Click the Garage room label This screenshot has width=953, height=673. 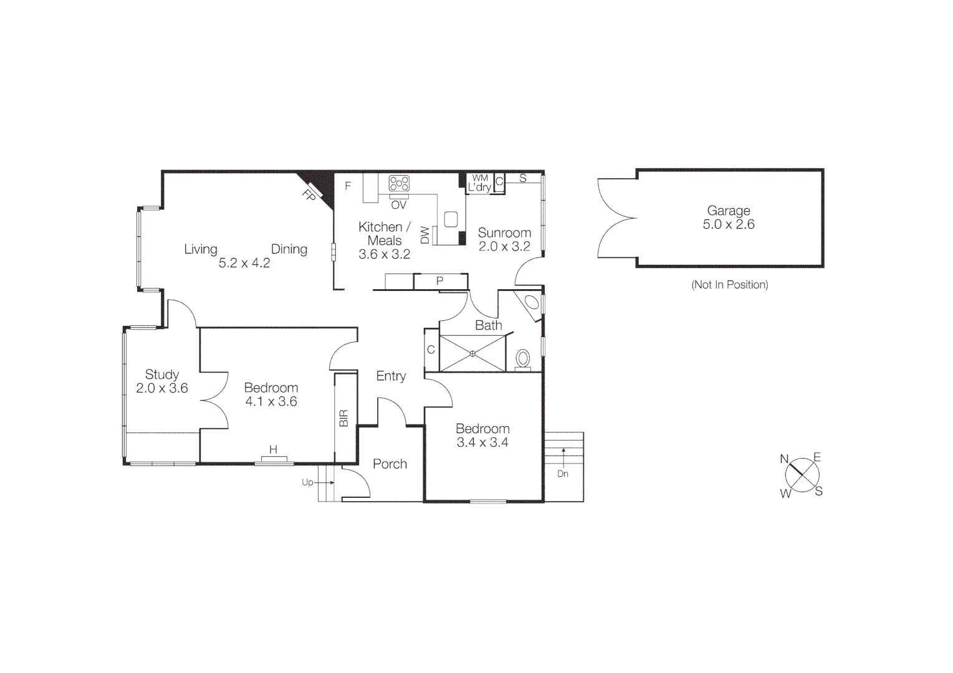click(728, 211)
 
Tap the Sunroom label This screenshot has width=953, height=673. click(504, 233)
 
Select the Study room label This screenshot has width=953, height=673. click(162, 375)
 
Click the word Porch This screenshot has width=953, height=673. click(390, 464)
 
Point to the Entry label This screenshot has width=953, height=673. click(391, 376)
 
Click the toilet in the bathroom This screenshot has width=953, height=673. click(523, 359)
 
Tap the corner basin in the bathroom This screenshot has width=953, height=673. click(532, 303)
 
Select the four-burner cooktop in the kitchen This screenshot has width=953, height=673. click(399, 184)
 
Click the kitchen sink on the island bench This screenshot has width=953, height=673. click(451, 219)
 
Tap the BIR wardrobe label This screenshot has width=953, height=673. click(343, 418)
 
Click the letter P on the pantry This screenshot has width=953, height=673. click(439, 282)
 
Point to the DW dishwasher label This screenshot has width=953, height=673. click(425, 235)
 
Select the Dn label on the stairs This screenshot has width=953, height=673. click(563, 474)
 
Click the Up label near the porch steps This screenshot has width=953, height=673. click(307, 482)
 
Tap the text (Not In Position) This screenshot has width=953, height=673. click(729, 285)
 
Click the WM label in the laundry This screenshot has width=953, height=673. click(480, 178)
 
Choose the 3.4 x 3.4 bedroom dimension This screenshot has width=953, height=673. click(482, 443)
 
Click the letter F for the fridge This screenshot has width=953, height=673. click(348, 186)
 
